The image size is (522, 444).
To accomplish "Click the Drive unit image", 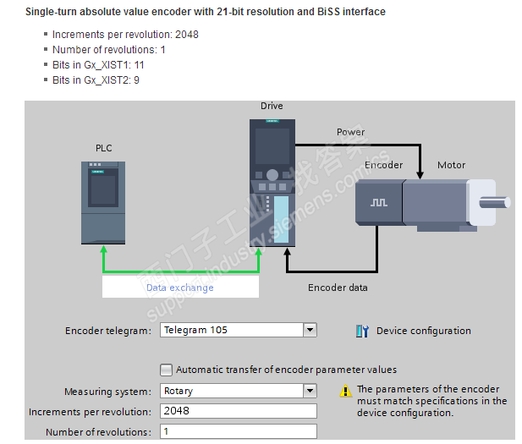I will click(271, 183).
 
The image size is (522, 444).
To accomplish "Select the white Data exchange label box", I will click(180, 287).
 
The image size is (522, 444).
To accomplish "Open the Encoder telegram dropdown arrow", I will click(310, 330).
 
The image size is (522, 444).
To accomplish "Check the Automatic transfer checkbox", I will click(166, 370).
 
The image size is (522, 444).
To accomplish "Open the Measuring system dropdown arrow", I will click(310, 391).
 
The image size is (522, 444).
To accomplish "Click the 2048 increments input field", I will click(238, 411).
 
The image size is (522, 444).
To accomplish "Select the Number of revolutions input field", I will click(238, 431).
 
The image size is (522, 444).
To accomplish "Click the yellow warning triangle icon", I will click(345, 391).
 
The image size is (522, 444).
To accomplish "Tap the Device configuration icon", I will click(362, 331).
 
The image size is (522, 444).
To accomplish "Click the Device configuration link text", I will click(423, 331).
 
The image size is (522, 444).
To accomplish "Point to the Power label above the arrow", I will click(350, 132).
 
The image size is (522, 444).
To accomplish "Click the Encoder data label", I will click(338, 288).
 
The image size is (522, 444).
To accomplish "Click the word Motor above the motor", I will click(451, 165).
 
